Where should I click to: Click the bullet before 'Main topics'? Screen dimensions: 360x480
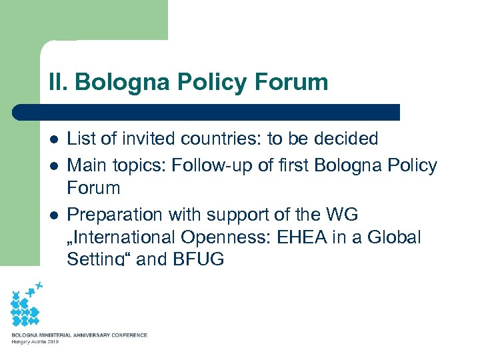coord(53,166)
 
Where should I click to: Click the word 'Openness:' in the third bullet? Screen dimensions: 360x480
coord(228,237)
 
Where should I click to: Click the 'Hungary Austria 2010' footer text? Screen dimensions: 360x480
coord(35,342)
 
